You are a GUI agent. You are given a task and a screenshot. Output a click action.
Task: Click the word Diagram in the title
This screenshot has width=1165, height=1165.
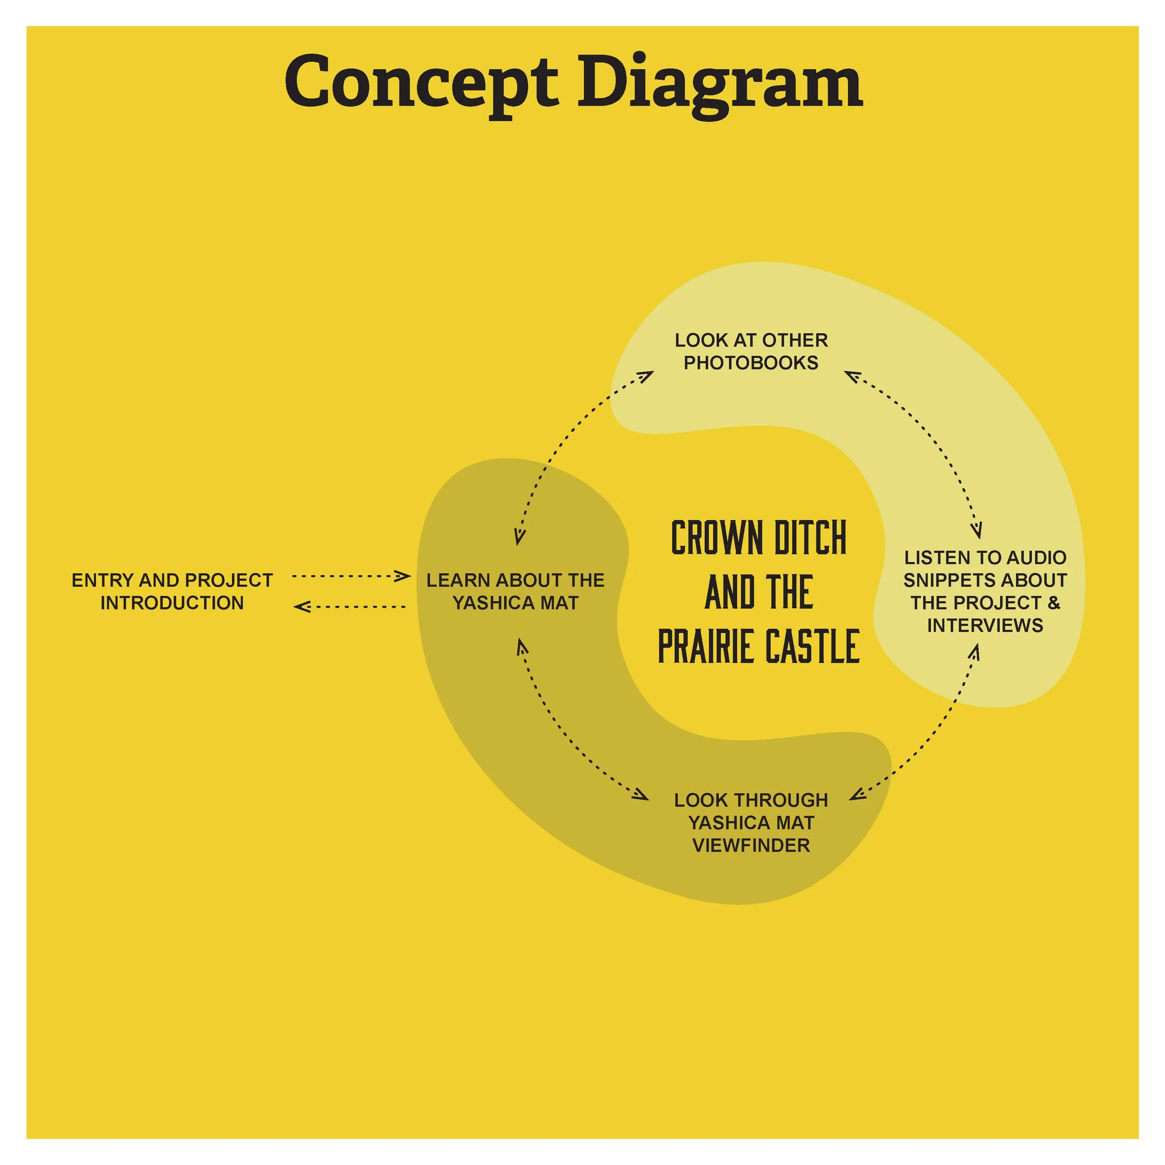[x=720, y=82]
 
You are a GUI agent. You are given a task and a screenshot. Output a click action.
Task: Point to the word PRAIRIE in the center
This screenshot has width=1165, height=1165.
[x=699, y=646]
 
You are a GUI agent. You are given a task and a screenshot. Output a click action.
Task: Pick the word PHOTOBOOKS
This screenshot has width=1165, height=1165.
[x=751, y=363]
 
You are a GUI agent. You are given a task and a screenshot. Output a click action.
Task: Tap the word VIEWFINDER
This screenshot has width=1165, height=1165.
[x=751, y=845]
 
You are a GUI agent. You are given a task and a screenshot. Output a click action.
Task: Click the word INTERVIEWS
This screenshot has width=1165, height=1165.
[x=985, y=625]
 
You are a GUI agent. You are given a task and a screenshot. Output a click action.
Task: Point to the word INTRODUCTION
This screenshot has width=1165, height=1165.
[x=172, y=603]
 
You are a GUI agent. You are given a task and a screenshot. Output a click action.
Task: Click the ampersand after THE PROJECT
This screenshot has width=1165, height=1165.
[x=1054, y=603]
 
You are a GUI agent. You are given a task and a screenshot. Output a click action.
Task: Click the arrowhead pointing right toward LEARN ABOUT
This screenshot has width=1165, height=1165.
[x=403, y=576]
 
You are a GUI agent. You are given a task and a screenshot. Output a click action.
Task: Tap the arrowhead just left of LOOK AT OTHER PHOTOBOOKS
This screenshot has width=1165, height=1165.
[x=646, y=375]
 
